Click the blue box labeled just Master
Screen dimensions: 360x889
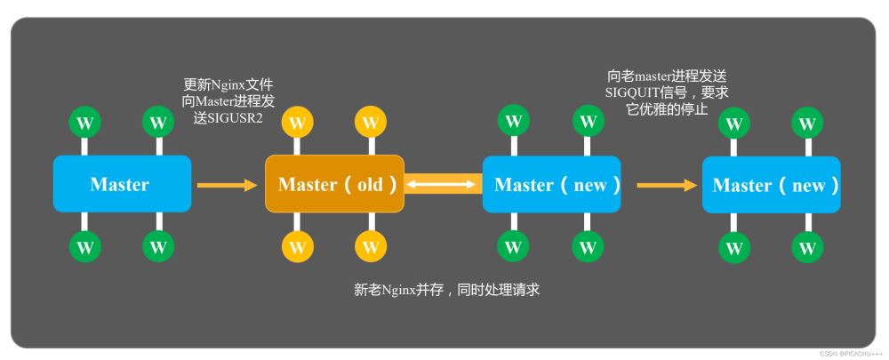122,184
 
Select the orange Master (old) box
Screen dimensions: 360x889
334,184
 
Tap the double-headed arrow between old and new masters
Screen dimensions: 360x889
443,184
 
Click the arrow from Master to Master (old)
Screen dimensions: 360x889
226,185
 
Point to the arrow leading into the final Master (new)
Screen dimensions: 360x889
666,185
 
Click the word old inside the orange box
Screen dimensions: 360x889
369,185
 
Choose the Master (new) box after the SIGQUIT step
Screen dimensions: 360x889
771,185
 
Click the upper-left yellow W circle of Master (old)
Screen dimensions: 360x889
297,122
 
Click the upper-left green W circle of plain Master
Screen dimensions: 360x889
84,121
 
